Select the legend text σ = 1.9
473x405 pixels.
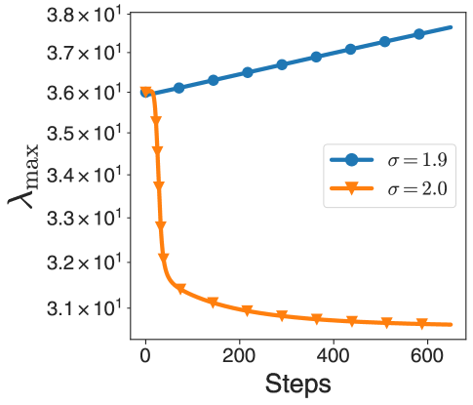414,160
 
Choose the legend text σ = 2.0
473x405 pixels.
414,189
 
